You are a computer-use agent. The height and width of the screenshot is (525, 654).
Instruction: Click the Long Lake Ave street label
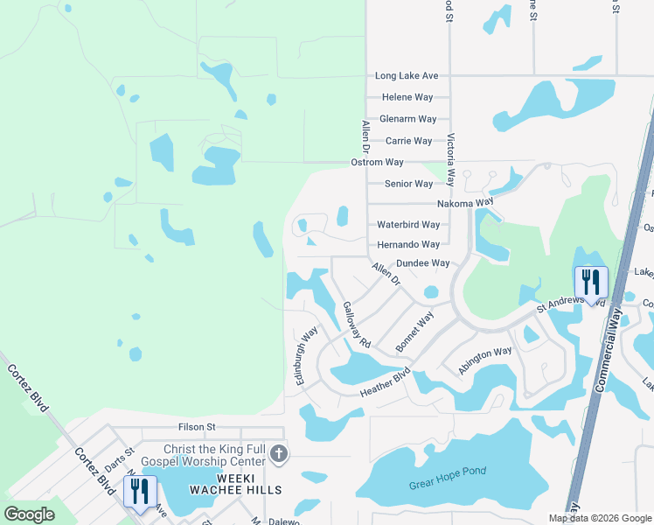point(407,76)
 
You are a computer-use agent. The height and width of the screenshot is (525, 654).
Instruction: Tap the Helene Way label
point(407,97)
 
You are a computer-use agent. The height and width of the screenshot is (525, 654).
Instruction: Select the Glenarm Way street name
point(407,119)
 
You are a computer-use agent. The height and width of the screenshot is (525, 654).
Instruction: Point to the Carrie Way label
point(409,141)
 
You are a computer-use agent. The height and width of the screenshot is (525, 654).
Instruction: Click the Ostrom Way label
point(377,163)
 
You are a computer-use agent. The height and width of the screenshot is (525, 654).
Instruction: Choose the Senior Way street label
point(409,184)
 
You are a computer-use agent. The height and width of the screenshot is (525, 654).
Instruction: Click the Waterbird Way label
point(407,224)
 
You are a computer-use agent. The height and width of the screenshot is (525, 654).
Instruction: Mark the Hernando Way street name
point(407,245)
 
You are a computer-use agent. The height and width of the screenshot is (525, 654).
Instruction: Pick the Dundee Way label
point(422,262)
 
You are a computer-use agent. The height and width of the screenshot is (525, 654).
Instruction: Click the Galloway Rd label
point(358,325)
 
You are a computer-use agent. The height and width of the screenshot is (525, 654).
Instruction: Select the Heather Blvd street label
point(386,385)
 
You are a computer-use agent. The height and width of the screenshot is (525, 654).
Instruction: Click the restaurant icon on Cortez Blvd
point(140,492)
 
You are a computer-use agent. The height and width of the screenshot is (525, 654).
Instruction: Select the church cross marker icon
point(279,453)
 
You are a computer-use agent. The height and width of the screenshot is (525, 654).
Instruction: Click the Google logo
point(30,514)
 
